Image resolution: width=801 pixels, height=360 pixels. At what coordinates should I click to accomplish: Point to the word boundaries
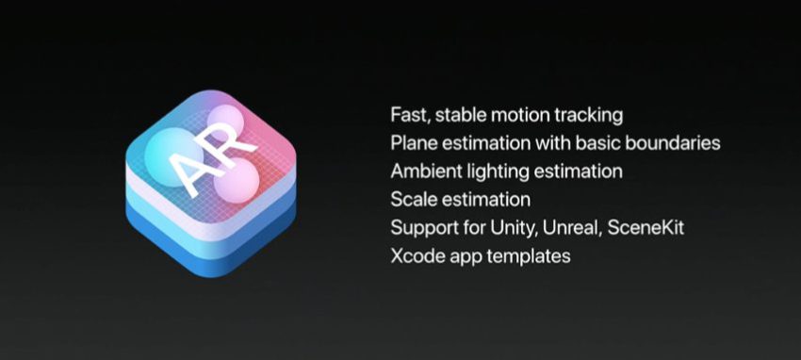(x=673, y=143)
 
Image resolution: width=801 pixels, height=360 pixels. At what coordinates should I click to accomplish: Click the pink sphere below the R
(x=236, y=181)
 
